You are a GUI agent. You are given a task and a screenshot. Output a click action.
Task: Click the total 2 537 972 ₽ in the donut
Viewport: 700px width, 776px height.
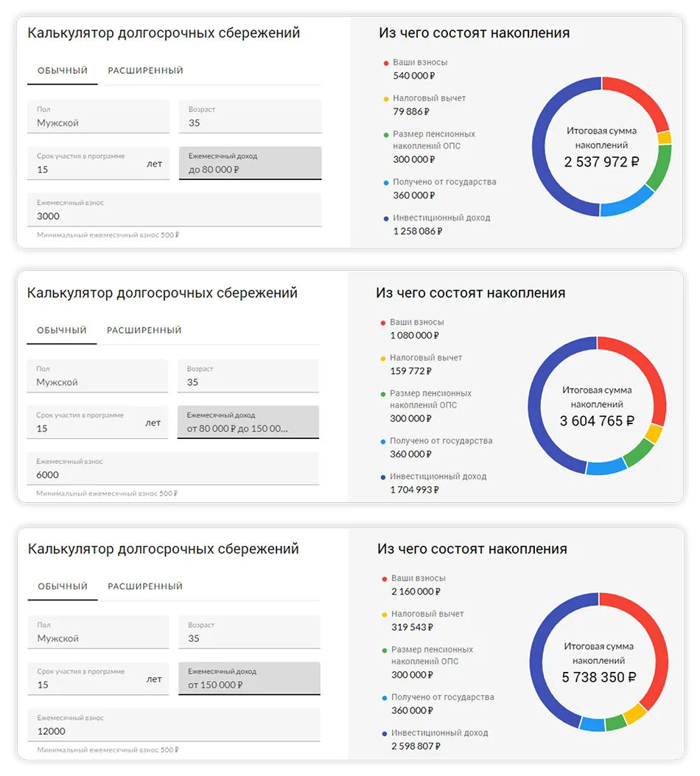[x=601, y=162]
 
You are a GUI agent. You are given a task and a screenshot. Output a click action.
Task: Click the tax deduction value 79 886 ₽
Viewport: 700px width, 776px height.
[x=411, y=111]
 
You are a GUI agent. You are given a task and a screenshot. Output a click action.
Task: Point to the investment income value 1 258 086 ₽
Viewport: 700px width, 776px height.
[x=418, y=231]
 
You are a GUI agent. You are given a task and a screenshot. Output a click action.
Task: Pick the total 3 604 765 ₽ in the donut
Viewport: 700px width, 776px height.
[x=597, y=421]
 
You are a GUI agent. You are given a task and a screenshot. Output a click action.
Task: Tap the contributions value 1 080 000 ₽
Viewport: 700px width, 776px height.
[x=415, y=335]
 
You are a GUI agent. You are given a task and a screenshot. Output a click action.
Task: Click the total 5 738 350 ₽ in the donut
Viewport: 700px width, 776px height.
[x=598, y=677]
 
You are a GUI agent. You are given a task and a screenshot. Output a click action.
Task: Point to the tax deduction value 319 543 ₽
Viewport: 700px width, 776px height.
[x=413, y=627]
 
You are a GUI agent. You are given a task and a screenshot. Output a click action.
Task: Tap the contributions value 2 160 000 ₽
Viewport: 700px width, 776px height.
[x=416, y=592]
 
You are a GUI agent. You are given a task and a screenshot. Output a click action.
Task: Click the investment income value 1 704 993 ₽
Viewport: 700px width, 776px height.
[x=415, y=490]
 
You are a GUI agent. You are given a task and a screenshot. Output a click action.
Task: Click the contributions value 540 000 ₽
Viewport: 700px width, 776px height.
[x=414, y=75]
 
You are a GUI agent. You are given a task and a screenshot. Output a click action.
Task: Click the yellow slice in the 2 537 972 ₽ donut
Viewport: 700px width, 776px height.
[x=665, y=138]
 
